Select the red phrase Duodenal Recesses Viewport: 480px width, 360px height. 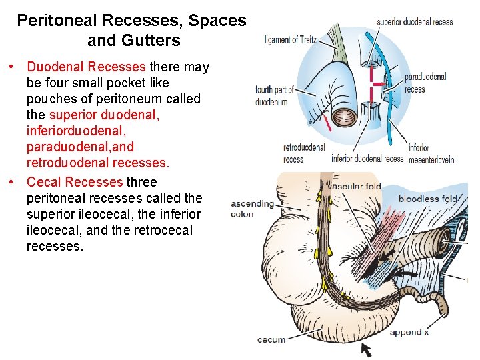tap(86, 67)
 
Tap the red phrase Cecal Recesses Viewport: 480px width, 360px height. tap(75, 182)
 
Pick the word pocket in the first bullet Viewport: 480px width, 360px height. tap(147, 83)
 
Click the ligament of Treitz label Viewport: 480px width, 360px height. tap(290, 40)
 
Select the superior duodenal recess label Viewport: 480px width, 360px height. tap(415, 22)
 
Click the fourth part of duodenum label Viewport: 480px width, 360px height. tap(271, 96)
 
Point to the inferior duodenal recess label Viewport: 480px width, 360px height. tap(367, 159)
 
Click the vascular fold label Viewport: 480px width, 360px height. tap(355, 186)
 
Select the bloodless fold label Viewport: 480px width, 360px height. tap(428, 199)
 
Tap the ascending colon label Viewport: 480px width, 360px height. tap(251, 209)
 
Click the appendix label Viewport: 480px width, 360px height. tap(409, 332)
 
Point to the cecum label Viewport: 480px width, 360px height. tap(271, 340)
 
